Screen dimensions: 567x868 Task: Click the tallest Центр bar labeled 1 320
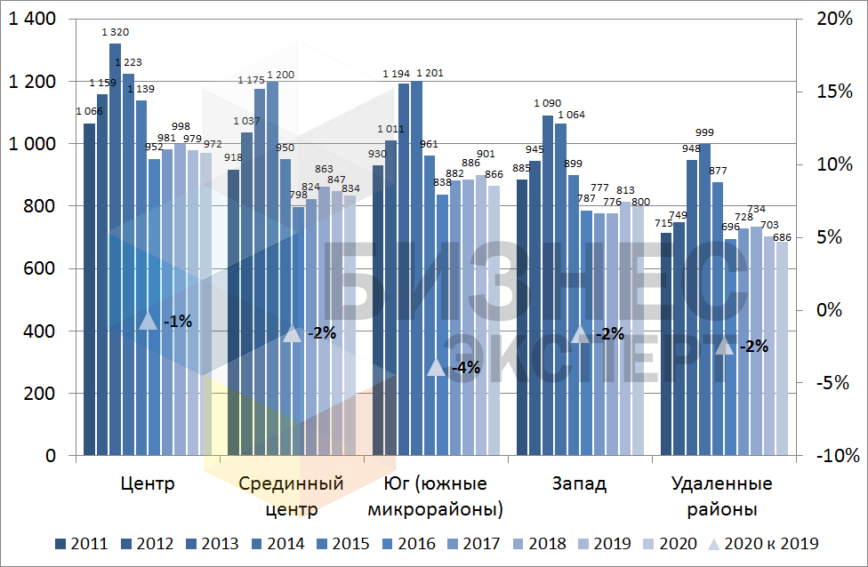[115, 249]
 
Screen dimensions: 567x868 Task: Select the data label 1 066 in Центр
[89, 111]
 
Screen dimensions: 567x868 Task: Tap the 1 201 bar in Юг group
[416, 267]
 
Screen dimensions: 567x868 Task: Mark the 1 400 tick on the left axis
[33, 20]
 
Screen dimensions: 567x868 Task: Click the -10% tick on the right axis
[838, 456]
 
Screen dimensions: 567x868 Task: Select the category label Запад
[579, 484]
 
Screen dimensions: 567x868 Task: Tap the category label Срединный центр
[292, 497]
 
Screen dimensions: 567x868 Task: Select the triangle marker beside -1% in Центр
[149, 322]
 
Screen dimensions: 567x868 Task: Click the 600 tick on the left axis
[39, 269]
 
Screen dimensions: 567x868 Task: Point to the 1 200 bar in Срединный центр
[272, 267]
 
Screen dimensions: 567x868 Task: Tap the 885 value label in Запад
[522, 169]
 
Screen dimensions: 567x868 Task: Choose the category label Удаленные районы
[721, 497]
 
